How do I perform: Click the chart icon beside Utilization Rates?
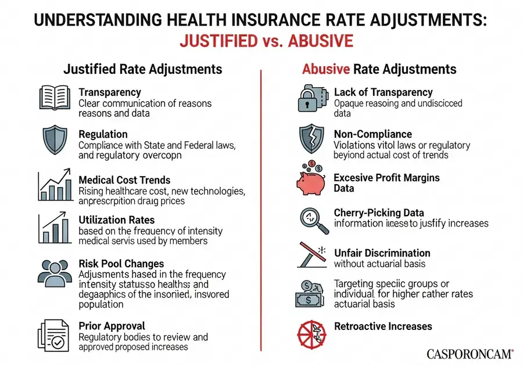tap(55, 229)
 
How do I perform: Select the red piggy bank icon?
tap(312, 178)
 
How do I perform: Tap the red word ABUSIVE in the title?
tap(320, 43)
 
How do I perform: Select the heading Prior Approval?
tap(112, 325)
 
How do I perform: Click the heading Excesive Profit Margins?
tap(386, 178)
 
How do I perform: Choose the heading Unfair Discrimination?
tap(382, 253)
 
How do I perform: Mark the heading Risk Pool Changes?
tap(121, 264)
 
